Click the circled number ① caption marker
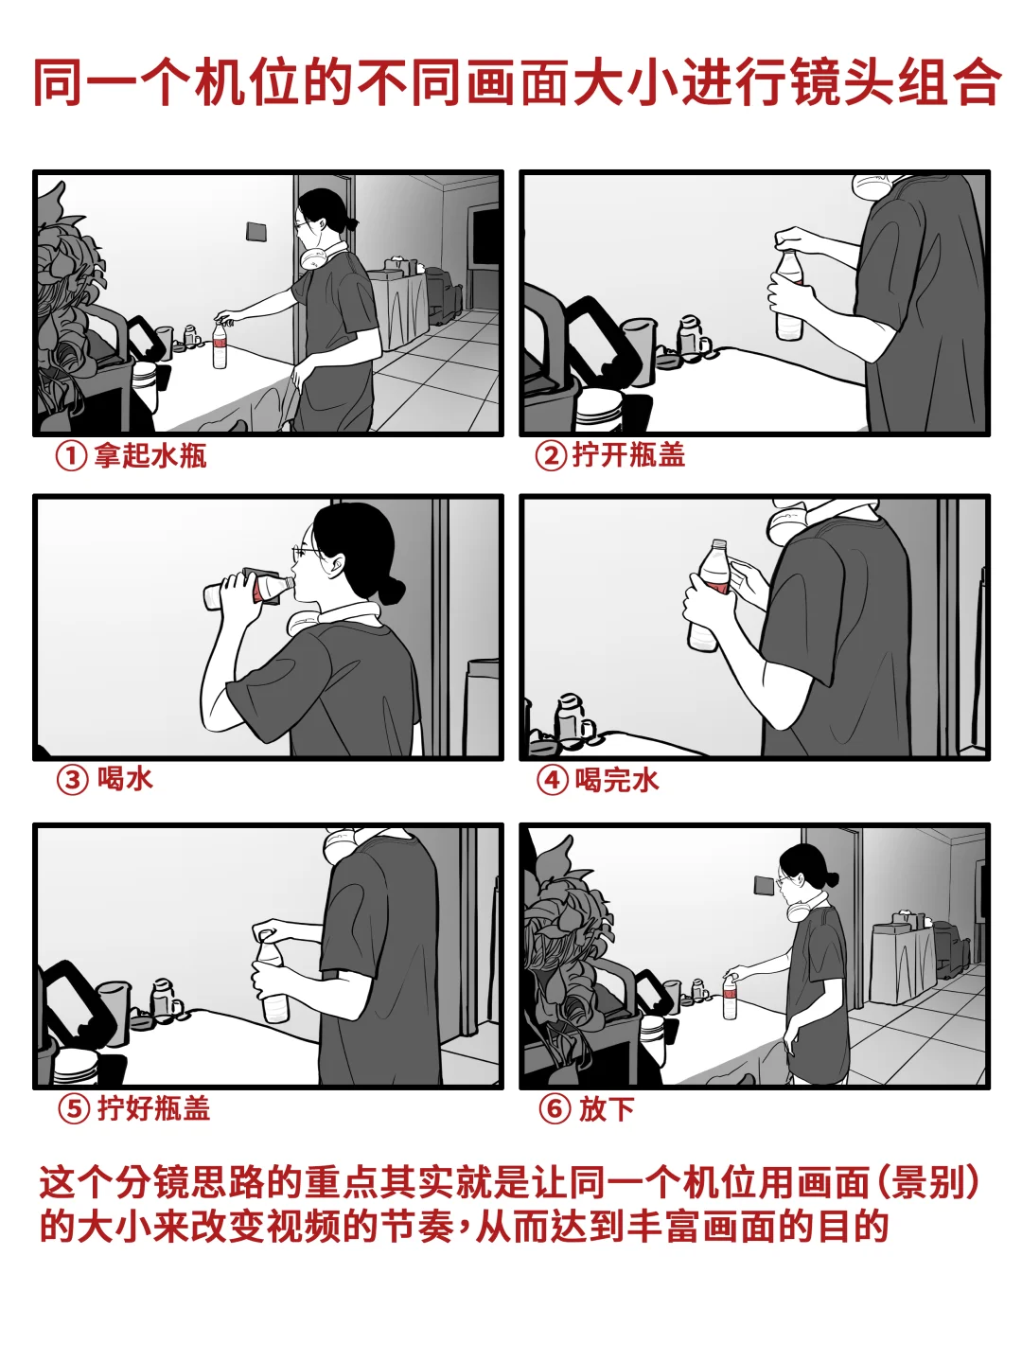coord(71,456)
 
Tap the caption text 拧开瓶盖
coord(628,455)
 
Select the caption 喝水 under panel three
coord(125,779)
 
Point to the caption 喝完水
coord(617,780)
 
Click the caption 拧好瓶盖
coord(153,1108)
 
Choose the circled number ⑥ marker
coord(555,1108)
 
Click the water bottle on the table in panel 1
coord(220,345)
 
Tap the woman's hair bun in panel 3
coord(391,592)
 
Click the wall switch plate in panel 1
coord(255,231)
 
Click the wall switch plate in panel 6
coord(763,886)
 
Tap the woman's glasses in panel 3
coord(308,552)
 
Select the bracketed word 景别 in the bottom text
coord(931,1182)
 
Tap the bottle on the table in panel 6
coord(730,998)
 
